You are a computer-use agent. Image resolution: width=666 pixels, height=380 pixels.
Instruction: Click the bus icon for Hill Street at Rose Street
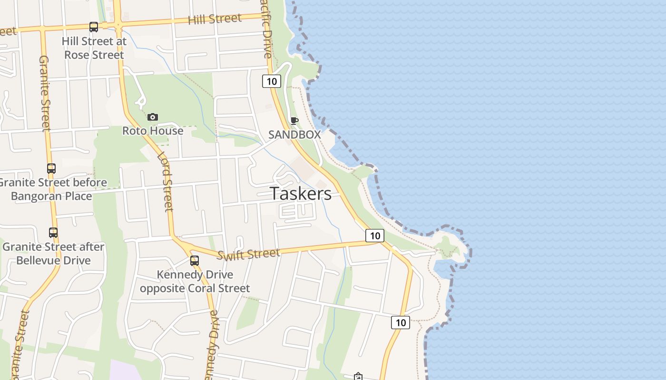click(94, 27)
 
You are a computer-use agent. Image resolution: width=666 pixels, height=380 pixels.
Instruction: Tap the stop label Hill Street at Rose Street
click(94, 48)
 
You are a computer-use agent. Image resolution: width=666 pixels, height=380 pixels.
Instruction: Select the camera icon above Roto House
click(153, 117)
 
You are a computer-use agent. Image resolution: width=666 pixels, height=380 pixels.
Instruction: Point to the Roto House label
click(153, 131)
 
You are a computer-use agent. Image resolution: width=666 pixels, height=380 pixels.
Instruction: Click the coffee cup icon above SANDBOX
click(294, 121)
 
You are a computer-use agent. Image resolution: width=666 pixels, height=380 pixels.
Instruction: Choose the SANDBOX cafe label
click(294, 134)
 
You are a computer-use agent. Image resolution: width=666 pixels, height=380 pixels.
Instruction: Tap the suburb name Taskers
click(301, 194)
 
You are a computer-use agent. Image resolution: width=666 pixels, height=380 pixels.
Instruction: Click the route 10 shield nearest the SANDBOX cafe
click(272, 81)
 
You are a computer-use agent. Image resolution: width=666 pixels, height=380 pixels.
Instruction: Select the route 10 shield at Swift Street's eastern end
click(375, 235)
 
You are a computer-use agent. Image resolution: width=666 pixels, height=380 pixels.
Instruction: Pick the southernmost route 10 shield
click(401, 323)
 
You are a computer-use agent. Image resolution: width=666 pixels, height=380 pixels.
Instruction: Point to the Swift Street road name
click(248, 254)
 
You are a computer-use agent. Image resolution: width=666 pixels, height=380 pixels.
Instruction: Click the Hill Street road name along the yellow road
click(215, 19)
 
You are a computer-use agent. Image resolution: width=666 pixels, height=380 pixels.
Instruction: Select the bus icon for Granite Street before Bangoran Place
click(51, 169)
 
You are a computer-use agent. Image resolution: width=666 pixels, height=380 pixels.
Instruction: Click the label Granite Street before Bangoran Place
click(52, 189)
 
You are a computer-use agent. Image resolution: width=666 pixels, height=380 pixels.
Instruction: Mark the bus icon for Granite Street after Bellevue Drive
click(53, 233)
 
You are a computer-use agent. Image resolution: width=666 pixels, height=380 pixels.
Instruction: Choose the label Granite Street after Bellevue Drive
click(53, 254)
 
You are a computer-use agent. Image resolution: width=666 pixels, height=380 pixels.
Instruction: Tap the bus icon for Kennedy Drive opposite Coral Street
click(195, 260)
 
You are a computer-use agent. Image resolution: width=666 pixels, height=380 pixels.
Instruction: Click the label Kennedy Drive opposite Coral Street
click(195, 282)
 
